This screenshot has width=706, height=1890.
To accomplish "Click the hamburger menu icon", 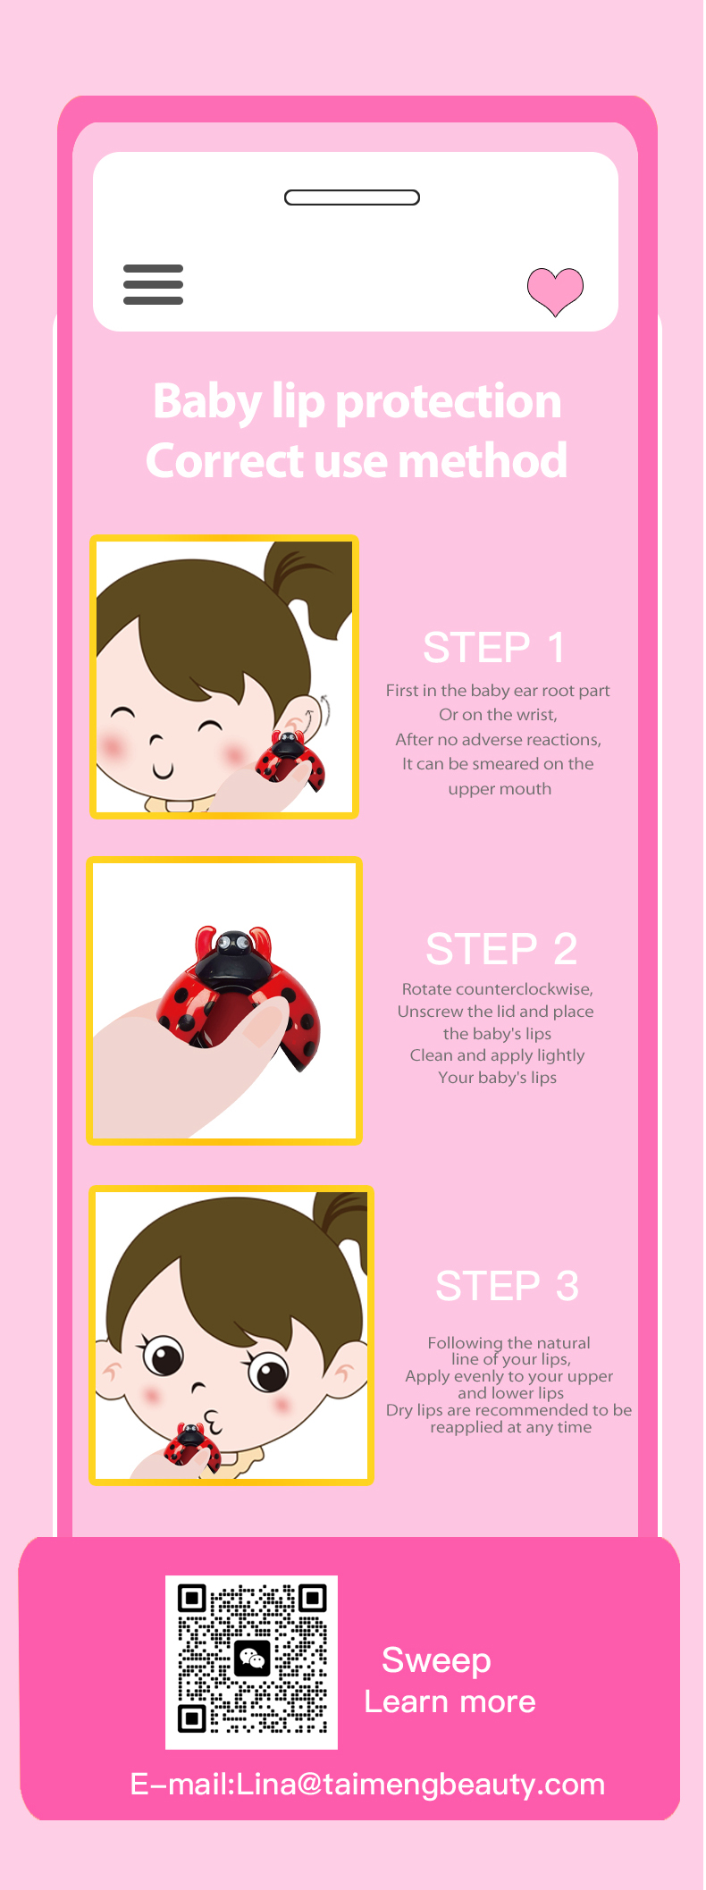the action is pos(153,284).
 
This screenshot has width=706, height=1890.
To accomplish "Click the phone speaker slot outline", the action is pos(352,197).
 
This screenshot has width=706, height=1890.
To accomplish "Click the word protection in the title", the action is pos(448,401).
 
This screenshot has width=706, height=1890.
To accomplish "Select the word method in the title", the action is pos(482,460).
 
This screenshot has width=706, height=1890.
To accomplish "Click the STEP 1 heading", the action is pos(493,648).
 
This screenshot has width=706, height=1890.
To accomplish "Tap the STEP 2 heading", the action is pos(501,949).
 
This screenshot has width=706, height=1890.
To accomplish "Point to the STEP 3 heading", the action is pos(507,1286).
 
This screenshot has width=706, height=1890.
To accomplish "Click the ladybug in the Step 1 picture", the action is pos(291,761).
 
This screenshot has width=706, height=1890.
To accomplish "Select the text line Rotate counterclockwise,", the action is pos(498,989).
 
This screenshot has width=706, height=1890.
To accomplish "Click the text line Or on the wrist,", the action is pos(498,715).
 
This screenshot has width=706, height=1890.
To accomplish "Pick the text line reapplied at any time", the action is pos(510,1427).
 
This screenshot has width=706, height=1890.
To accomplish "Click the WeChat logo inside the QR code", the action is pos(252,1659).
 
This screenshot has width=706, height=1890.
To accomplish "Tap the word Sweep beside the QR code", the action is pos(436,1660).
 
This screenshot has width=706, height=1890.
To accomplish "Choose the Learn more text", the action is pos(450,1701).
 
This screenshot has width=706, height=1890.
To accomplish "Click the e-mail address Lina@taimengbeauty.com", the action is pos(421,1784).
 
